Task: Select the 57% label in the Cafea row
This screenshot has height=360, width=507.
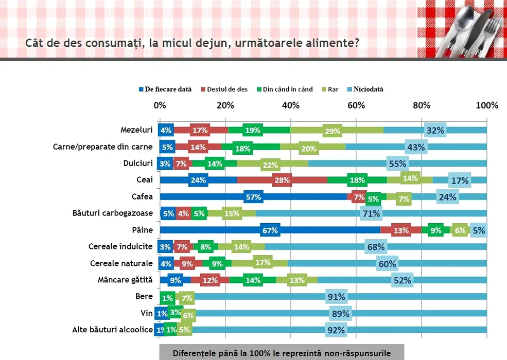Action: [x=253, y=197]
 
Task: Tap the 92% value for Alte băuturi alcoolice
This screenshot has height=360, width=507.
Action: [x=336, y=330]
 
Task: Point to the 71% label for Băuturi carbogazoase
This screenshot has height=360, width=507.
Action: [x=371, y=213]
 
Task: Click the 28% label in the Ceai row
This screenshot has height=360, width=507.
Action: [x=283, y=180]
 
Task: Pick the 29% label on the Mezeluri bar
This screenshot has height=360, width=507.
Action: [x=332, y=131]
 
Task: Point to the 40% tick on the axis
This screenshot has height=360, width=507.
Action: [x=291, y=105]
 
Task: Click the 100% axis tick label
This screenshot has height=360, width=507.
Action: [x=486, y=105]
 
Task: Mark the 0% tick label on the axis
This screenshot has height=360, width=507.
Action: [x=160, y=105]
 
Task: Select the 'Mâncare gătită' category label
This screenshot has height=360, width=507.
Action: [x=125, y=280]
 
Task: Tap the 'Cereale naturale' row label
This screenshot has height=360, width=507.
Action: [x=121, y=263]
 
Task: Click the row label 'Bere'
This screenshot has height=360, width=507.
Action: [x=144, y=297]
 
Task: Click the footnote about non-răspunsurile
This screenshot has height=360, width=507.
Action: [x=282, y=353]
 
